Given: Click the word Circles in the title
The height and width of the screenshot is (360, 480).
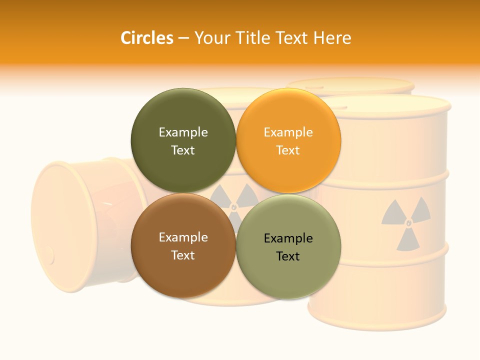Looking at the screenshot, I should click(146, 37).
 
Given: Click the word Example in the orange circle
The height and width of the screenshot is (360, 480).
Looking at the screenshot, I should click(288, 132).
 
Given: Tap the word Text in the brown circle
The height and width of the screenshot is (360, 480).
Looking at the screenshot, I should click(183, 255).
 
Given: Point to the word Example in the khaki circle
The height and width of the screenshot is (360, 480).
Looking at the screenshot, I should click(288, 238).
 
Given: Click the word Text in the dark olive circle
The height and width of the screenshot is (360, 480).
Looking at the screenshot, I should click(183, 150).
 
